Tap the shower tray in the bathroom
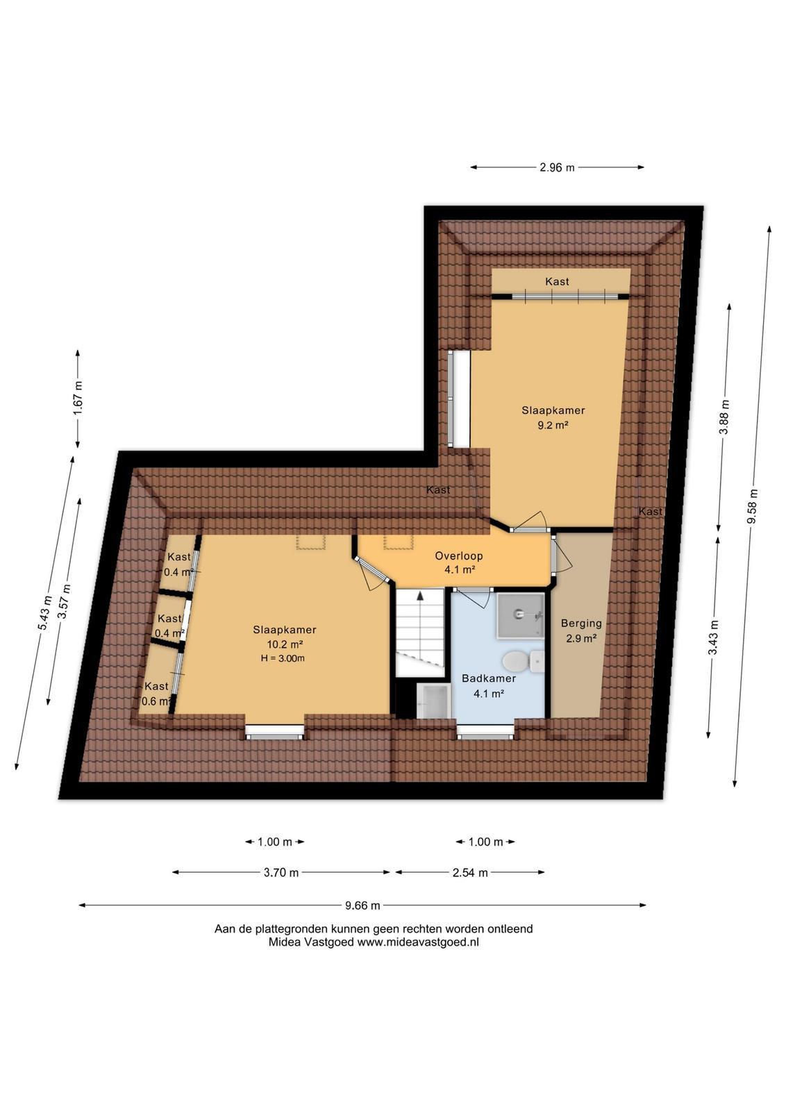pyautogui.click(x=520, y=615)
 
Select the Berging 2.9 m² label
pyautogui.click(x=581, y=630)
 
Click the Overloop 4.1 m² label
pyautogui.click(x=459, y=562)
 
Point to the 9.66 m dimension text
pyautogui.click(x=362, y=905)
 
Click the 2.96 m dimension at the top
pyautogui.click(x=557, y=167)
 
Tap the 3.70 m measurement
pyautogui.click(x=281, y=872)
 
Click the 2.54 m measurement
pyautogui.click(x=470, y=872)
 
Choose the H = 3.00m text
pyautogui.click(x=283, y=658)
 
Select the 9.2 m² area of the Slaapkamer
pyautogui.click(x=553, y=425)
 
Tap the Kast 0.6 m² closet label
pyautogui.click(x=156, y=694)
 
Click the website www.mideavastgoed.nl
pyautogui.click(x=418, y=942)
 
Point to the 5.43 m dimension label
pyautogui.click(x=44, y=613)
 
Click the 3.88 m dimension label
pyautogui.click(x=724, y=417)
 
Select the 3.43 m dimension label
pyautogui.click(x=713, y=637)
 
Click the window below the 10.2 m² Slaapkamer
pyautogui.click(x=274, y=732)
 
